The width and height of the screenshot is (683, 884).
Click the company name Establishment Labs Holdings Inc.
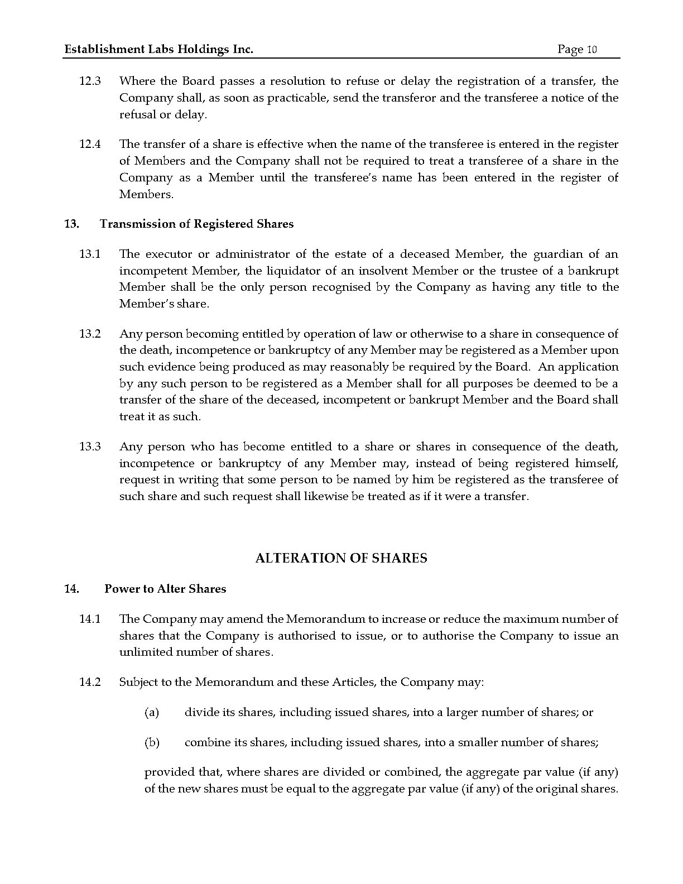[159, 50]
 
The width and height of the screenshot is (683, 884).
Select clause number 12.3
[90, 81]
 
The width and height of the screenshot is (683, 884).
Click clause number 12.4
[90, 145]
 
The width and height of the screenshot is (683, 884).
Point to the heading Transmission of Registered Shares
[196, 224]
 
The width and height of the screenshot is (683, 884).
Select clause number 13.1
[90, 254]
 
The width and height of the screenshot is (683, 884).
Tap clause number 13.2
[90, 334]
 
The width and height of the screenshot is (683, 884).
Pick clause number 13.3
[90, 447]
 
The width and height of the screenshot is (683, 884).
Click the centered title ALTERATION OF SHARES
[341, 559]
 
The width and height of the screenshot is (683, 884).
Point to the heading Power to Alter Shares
[165, 589]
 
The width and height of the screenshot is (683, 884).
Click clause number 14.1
[90, 619]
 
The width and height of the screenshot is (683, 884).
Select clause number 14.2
[90, 683]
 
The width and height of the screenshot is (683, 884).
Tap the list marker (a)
[152, 713]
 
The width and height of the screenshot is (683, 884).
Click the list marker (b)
[152, 743]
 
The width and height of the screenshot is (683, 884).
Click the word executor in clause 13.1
[168, 254]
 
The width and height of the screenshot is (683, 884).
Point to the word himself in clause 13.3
[597, 464]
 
